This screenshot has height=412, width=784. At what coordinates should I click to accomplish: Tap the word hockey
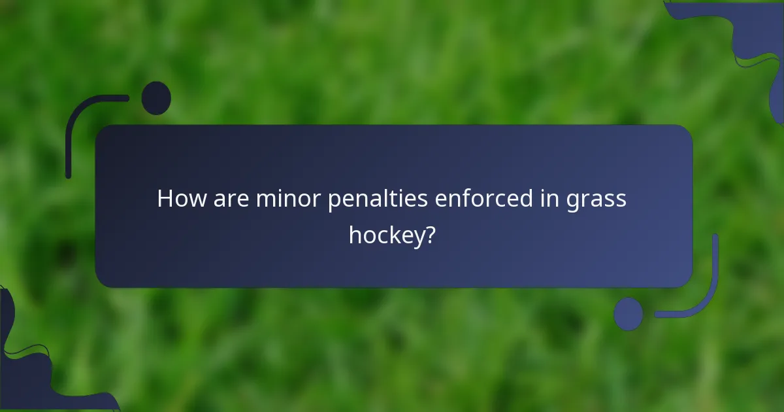click(385, 235)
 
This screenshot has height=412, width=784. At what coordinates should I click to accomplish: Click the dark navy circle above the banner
click(156, 98)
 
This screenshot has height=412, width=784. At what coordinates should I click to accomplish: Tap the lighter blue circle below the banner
click(629, 313)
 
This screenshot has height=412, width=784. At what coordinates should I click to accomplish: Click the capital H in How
click(166, 199)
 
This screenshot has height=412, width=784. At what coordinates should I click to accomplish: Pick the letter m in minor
click(265, 199)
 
